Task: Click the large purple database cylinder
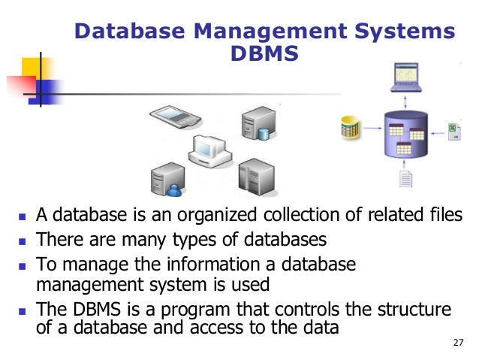click(x=406, y=133)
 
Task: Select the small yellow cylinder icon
click(x=350, y=128)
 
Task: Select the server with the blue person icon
click(x=166, y=177)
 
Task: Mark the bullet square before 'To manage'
click(x=22, y=265)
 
